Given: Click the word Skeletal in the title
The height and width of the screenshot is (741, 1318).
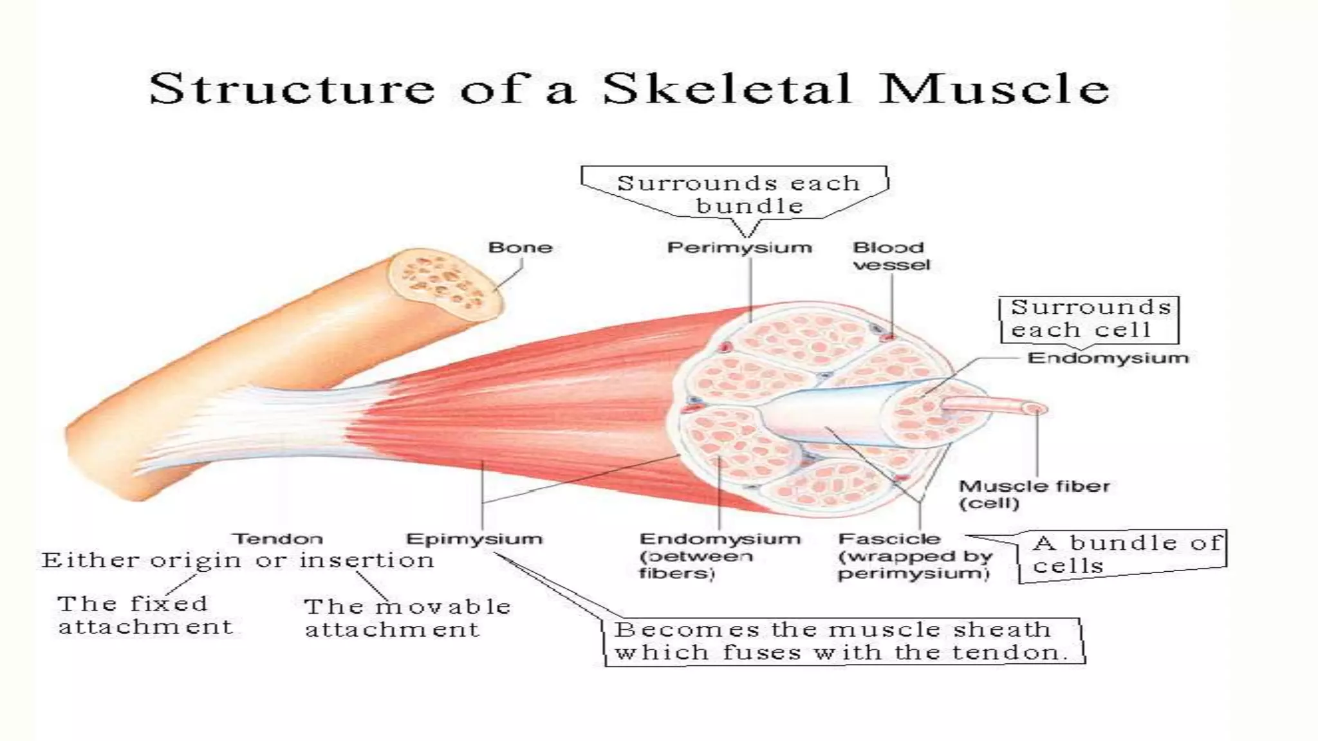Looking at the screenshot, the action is (727, 89).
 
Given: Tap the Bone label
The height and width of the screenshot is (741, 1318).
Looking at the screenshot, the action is (520, 248).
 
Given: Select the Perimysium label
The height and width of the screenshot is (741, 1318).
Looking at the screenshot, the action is (739, 248).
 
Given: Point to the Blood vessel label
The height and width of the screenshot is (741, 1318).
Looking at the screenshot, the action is (891, 256).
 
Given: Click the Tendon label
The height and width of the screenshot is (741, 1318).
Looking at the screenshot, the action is (277, 539).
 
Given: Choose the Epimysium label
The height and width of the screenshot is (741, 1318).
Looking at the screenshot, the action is (474, 539).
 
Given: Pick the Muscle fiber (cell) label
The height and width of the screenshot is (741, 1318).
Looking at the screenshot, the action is (1034, 495).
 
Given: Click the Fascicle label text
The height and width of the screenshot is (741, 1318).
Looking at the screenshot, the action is (889, 539).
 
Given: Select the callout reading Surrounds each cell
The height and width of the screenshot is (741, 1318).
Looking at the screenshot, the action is (1089, 319).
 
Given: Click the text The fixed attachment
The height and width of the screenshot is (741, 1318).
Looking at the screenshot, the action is (144, 615).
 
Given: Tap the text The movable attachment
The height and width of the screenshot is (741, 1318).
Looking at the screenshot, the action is (407, 617).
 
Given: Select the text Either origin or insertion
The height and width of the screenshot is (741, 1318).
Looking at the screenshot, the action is (238, 560).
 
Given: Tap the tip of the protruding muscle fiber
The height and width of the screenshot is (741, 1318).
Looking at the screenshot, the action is (1035, 408).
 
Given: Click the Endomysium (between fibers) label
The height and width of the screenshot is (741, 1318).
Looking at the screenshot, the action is (719, 556).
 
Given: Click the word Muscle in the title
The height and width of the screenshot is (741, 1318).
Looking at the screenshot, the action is (995, 89).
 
